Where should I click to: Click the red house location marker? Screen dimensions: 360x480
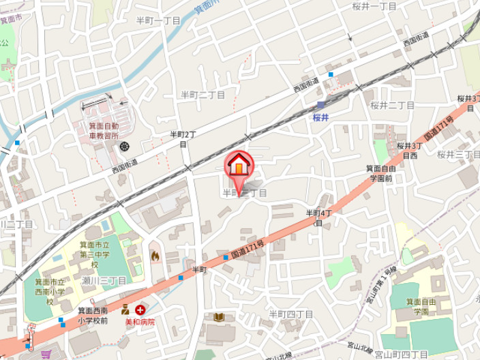[239, 164]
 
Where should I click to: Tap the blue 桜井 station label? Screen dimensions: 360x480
[321, 118]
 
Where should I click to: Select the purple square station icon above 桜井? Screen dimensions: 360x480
[321, 105]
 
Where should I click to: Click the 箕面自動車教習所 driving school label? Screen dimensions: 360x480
[104, 131]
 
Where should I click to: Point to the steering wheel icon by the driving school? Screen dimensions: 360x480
[124, 146]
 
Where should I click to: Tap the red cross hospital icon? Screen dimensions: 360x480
[140, 310]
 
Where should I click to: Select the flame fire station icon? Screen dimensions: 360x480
[155, 256]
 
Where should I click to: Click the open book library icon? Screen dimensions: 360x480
[220, 317]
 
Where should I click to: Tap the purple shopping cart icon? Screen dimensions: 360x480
[46, 354]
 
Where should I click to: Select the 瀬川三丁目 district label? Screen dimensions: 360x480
[104, 280]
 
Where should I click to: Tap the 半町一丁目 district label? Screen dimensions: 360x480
[158, 21]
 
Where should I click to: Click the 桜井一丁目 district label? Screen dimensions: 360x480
[374, 6]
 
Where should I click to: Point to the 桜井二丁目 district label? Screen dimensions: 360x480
[393, 105]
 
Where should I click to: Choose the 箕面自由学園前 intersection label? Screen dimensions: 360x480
[380, 173]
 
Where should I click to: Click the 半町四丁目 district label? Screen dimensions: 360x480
[291, 314]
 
